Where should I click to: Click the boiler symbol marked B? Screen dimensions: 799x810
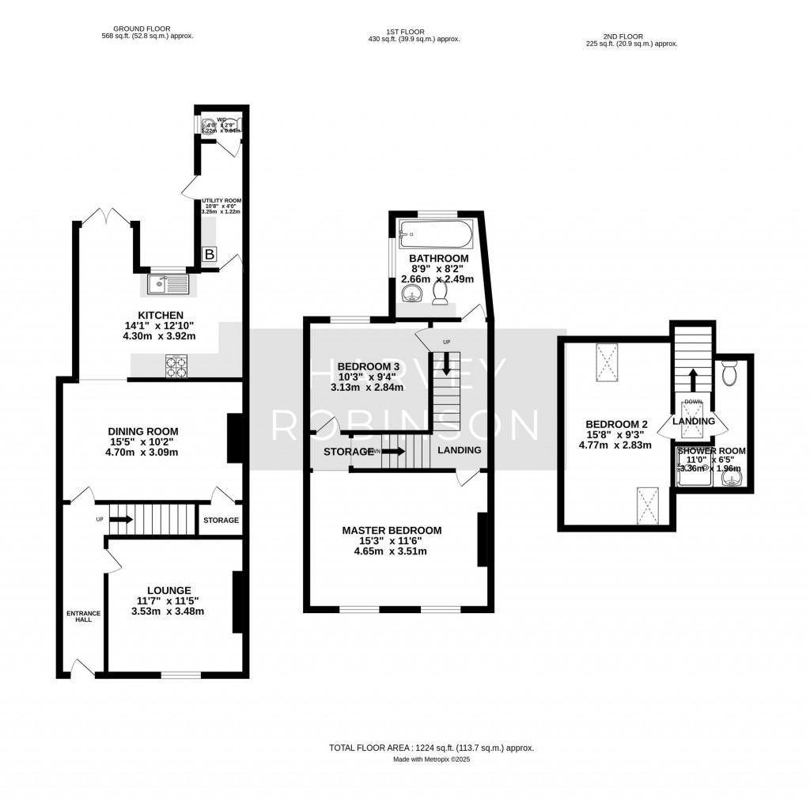click(x=210, y=254)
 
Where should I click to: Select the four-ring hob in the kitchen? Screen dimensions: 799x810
click(x=176, y=366)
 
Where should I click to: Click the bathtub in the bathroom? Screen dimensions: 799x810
click(x=436, y=233)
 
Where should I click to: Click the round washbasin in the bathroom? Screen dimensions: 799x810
click(x=412, y=294)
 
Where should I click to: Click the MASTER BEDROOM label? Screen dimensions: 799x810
click(x=391, y=530)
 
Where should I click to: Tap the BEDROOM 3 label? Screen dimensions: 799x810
click(x=368, y=366)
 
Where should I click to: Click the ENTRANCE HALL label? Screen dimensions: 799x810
click(x=79, y=616)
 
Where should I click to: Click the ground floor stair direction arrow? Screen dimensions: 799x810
click(x=120, y=520)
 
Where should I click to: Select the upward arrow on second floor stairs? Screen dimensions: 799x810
click(x=693, y=380)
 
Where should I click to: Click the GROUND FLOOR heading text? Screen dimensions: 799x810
click(x=146, y=28)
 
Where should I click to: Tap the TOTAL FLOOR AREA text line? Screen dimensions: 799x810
click(x=431, y=748)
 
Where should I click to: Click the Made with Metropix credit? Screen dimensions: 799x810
click(x=431, y=759)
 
